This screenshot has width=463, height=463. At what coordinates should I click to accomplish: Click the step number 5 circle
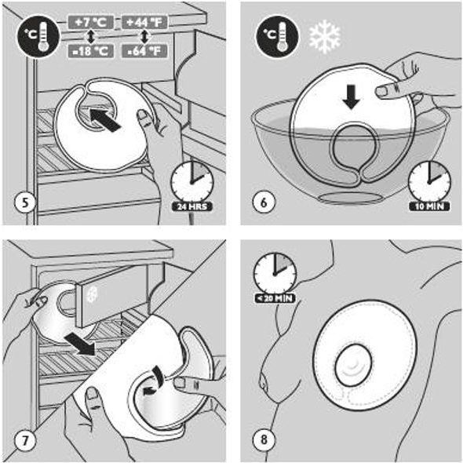[x=25, y=202]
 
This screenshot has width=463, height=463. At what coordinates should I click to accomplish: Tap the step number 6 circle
[x=264, y=202]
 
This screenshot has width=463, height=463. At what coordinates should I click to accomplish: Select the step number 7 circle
[x=25, y=441]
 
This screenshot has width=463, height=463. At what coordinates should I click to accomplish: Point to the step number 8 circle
[x=264, y=439]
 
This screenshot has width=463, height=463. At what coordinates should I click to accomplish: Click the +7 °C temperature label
[x=91, y=23]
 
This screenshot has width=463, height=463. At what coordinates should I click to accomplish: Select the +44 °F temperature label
[x=144, y=23]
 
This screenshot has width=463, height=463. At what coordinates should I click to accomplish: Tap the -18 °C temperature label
[x=91, y=51]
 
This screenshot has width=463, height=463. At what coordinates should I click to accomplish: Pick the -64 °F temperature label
[x=144, y=51]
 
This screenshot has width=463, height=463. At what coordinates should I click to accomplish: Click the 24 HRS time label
[x=192, y=206]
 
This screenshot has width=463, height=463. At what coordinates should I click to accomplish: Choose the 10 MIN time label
[x=429, y=206]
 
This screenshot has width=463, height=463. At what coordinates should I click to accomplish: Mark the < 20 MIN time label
[x=275, y=298]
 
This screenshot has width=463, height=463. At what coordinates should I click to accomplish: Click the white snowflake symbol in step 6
[x=325, y=37]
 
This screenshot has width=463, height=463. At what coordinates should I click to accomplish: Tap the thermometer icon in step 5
[x=38, y=37]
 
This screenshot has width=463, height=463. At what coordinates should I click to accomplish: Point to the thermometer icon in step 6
[x=277, y=37]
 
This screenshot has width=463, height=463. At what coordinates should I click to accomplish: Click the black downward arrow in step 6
[x=351, y=97]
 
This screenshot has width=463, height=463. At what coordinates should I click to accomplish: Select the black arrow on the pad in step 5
[x=105, y=120]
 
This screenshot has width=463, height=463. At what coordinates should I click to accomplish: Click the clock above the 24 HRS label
[x=192, y=182]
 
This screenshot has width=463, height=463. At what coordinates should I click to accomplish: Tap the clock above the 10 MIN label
[x=429, y=182]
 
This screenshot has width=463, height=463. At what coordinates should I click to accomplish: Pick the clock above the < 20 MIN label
[x=275, y=274]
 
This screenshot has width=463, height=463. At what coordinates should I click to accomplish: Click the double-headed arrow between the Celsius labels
[x=91, y=37]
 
